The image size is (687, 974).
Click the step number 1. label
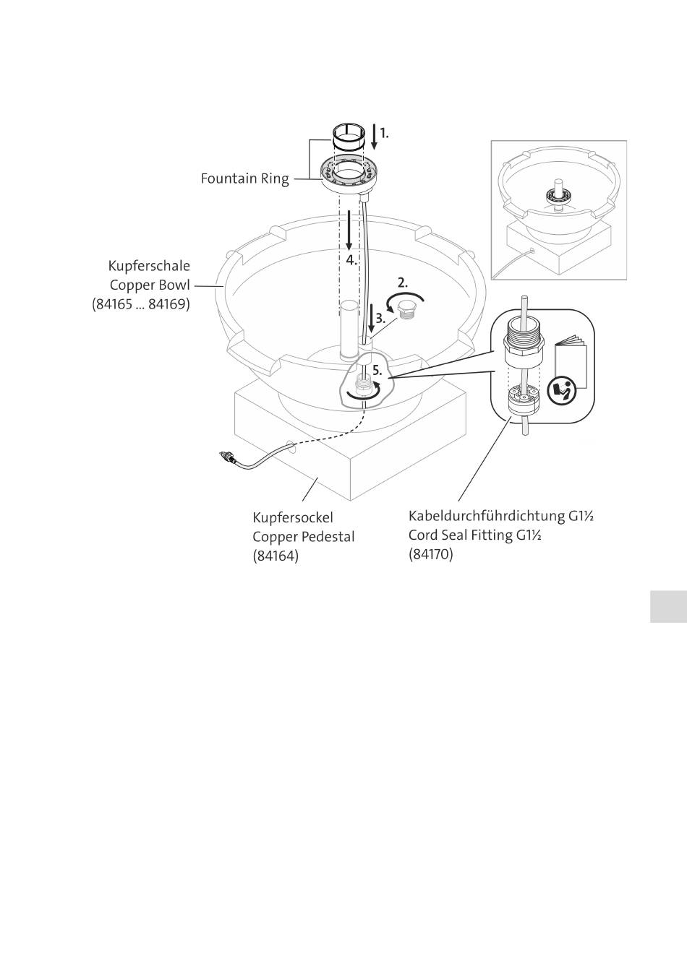(385, 133)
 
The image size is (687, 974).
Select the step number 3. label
(380, 317)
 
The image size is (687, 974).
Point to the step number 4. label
(351, 259)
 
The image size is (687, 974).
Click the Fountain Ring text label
(244, 178)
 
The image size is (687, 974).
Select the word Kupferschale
(149, 266)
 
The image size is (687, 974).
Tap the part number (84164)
(276, 556)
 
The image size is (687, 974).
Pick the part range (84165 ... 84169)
(141, 304)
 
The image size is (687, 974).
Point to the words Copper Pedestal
(303, 537)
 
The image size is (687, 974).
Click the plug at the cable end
(227, 457)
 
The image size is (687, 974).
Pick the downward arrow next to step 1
(373, 135)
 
